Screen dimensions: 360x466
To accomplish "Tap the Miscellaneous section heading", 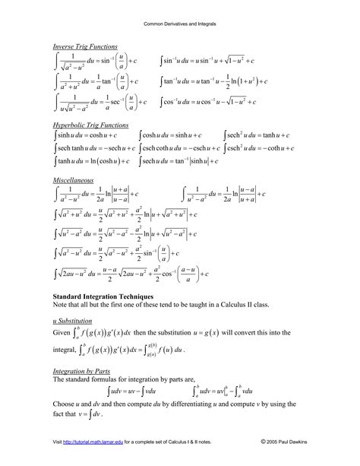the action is pyautogui.click(x=73, y=180).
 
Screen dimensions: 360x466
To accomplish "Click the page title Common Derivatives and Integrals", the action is pyautogui.click(x=180, y=24).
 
